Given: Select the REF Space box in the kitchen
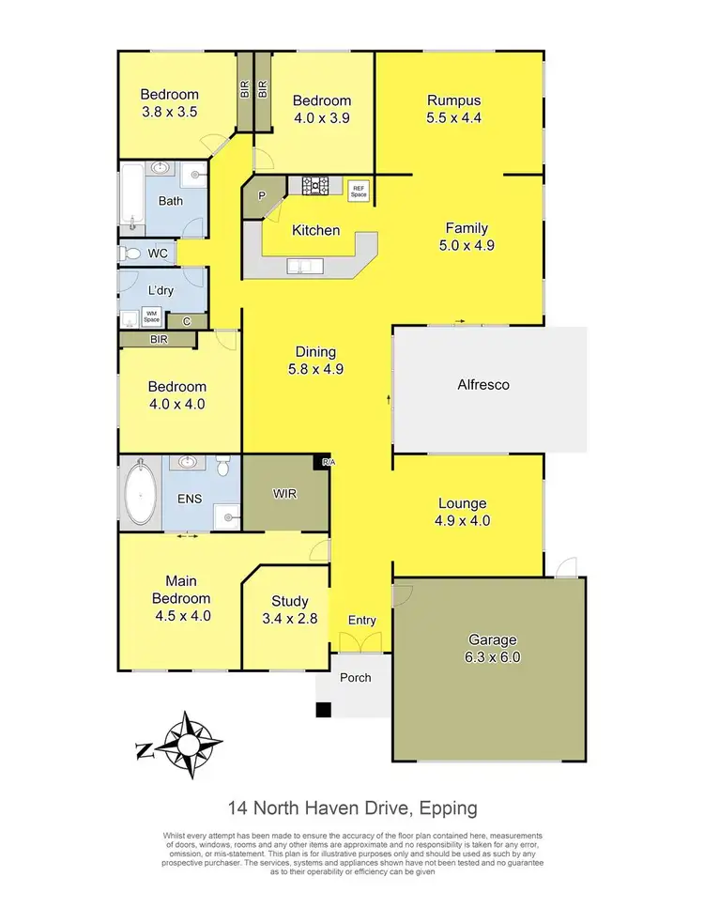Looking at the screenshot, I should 358,188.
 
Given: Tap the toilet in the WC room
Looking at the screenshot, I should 131,254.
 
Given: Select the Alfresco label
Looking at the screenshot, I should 482,384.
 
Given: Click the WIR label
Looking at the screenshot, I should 286,493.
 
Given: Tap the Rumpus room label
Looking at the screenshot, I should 453,101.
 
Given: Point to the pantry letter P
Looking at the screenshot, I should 262,197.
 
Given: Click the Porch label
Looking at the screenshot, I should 355,677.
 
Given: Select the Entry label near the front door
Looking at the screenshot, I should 361,620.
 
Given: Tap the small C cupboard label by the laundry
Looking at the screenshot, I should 187,321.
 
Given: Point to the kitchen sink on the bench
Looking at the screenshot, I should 305,269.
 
